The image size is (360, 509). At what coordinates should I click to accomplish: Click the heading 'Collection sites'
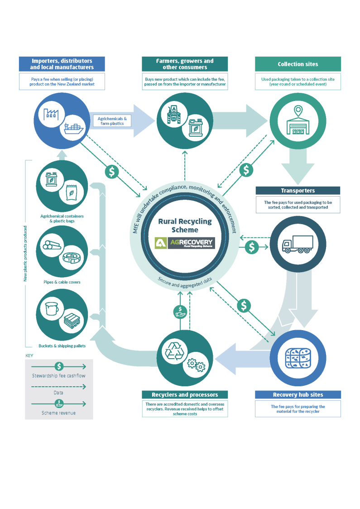298,64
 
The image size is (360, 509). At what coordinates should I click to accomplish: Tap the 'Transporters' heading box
298,191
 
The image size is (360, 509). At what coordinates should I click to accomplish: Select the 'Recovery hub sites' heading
298,394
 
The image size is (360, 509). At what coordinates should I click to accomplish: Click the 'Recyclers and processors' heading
185,394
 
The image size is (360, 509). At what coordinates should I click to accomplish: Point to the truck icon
298,244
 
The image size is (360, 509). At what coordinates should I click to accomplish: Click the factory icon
52,113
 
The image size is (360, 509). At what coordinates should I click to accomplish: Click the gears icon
196,364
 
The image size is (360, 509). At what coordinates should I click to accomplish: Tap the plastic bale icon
298,357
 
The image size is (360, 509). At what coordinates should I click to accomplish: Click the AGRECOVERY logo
184,243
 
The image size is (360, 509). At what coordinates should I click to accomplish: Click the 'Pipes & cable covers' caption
62,282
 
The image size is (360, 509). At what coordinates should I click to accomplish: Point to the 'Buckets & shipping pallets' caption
62,346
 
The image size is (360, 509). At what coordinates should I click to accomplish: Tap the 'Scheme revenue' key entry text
59,413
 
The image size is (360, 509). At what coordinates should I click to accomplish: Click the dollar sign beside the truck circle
252,247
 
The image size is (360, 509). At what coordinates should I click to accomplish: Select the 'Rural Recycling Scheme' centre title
184,226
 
